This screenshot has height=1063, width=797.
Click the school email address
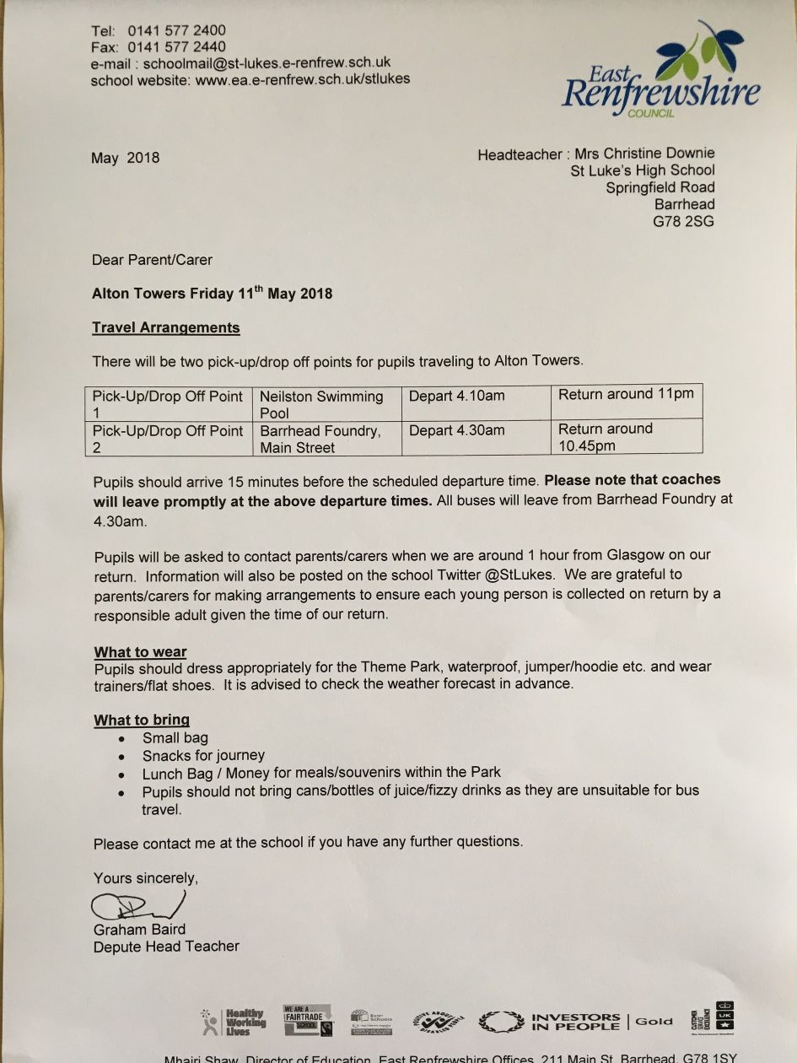pos(267,63)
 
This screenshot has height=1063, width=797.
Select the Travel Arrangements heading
pos(166,327)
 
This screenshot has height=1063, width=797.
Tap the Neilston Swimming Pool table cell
pos(321,404)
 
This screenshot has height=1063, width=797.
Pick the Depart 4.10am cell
pos(457,396)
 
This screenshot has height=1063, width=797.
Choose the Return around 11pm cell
pos(626,394)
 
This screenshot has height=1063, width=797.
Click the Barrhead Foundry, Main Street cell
pos(320,439)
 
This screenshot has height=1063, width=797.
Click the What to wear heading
pos(140,652)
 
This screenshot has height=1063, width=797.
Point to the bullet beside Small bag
pos(123,739)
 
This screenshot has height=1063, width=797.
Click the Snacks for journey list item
pos(203,755)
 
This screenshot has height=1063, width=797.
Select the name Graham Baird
pos(139,929)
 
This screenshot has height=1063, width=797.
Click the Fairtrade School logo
pos(308,1020)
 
